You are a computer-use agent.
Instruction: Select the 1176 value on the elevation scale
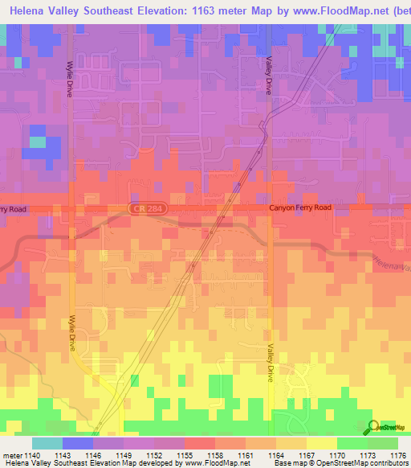click(x=397, y=456)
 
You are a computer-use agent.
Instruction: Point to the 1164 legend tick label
click(x=275, y=456)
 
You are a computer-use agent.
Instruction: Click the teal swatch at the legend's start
click(x=47, y=443)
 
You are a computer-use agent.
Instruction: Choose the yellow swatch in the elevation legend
click(x=322, y=443)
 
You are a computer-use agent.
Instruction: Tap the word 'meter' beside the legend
click(x=11, y=456)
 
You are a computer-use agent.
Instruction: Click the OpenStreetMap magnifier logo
click(x=372, y=425)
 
